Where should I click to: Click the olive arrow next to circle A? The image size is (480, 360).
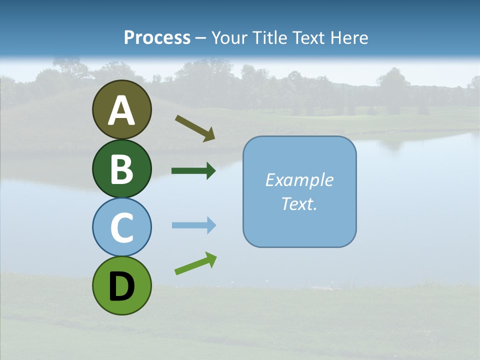pyautogui.click(x=195, y=128)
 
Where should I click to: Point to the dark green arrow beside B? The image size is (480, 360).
pyautogui.click(x=193, y=171)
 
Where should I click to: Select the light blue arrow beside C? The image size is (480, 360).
pyautogui.click(x=193, y=225)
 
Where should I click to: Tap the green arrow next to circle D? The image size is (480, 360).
pyautogui.click(x=195, y=263)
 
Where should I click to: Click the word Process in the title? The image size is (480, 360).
pyautogui.click(x=157, y=37)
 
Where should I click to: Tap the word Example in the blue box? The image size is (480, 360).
pyautogui.click(x=299, y=180)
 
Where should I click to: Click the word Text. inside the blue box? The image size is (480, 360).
pyautogui.click(x=299, y=204)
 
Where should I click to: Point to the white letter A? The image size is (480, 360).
pyautogui.click(x=121, y=110)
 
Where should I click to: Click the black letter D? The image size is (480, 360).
pyautogui.click(x=121, y=286)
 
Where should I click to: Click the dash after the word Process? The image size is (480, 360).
pyautogui.click(x=201, y=38)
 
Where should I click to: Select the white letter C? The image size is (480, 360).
pyautogui.click(x=121, y=227)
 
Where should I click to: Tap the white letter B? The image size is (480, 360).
pyautogui.click(x=121, y=169)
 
